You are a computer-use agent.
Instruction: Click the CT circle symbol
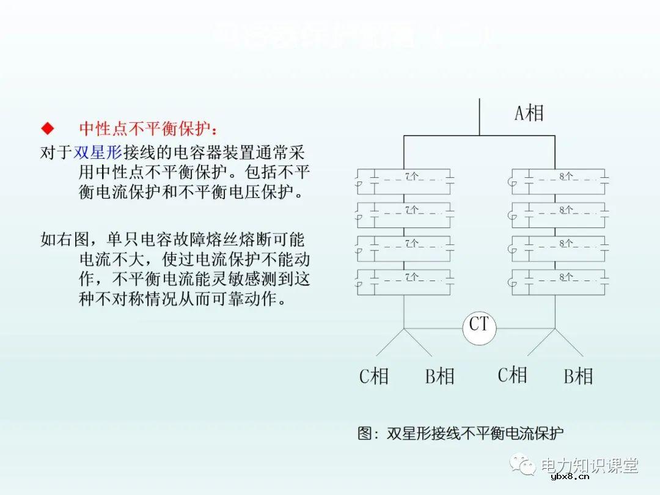(x=479, y=328)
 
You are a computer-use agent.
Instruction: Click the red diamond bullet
(x=47, y=128)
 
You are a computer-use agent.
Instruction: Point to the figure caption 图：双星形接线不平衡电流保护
(x=460, y=433)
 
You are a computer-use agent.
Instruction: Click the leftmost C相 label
(x=373, y=376)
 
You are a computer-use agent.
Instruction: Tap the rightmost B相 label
(x=577, y=376)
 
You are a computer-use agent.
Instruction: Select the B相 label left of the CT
(x=439, y=376)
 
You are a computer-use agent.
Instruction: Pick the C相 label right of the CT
(x=512, y=375)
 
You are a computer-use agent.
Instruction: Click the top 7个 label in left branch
(x=411, y=177)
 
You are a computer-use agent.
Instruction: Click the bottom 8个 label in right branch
(x=565, y=277)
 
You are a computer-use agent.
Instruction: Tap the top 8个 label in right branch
(x=565, y=177)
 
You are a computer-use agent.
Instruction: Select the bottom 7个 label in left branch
(x=411, y=277)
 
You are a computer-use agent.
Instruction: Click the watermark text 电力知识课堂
(x=590, y=465)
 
